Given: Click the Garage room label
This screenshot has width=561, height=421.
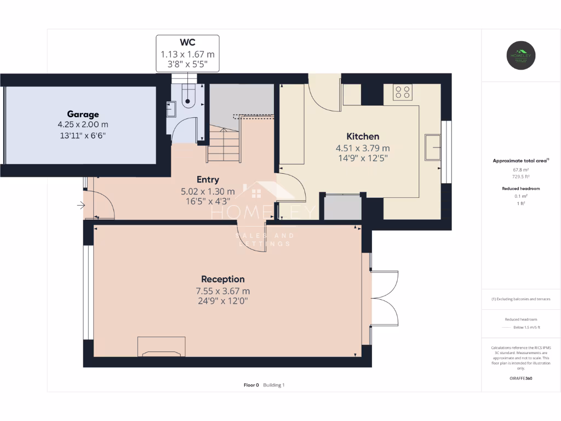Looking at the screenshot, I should [x=83, y=114].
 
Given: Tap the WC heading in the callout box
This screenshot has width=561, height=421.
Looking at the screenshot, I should [x=187, y=42].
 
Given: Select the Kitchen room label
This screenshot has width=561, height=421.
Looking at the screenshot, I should [x=362, y=136].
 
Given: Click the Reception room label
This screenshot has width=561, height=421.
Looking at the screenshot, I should [x=222, y=279].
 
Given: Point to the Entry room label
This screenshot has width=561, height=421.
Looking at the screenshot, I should [x=208, y=179].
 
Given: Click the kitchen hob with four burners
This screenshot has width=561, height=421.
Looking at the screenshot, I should [x=403, y=92].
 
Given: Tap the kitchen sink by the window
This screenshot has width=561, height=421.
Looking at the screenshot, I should [x=433, y=146].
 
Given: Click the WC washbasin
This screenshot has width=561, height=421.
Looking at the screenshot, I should [x=170, y=108].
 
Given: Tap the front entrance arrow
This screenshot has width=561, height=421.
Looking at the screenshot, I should [x=81, y=206].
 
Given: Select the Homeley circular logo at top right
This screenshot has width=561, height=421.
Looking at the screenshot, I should [x=520, y=55].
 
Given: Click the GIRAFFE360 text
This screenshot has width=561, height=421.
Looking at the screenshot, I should [x=520, y=378].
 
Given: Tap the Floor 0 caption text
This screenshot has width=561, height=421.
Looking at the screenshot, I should [x=251, y=385].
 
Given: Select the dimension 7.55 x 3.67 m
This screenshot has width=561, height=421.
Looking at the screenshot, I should [x=222, y=291].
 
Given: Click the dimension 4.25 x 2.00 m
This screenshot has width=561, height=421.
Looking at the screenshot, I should [x=83, y=124].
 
